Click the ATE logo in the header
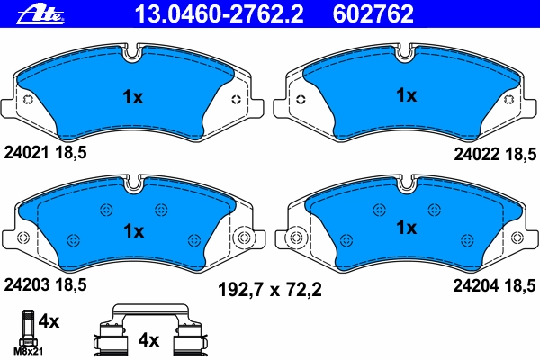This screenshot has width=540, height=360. click(x=40, y=14)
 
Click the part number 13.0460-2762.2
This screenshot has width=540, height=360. click(x=219, y=13)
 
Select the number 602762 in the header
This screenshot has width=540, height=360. click(x=373, y=13)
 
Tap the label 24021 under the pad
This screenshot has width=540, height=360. click(x=26, y=152)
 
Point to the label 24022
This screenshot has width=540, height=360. click(x=477, y=154)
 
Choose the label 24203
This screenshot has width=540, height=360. click(x=27, y=285)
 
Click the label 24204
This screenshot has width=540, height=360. click(x=476, y=285)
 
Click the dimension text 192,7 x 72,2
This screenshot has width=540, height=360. click(x=270, y=290)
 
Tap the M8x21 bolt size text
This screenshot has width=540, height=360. click(x=28, y=351)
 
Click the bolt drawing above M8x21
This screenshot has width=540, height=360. click(x=28, y=328)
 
